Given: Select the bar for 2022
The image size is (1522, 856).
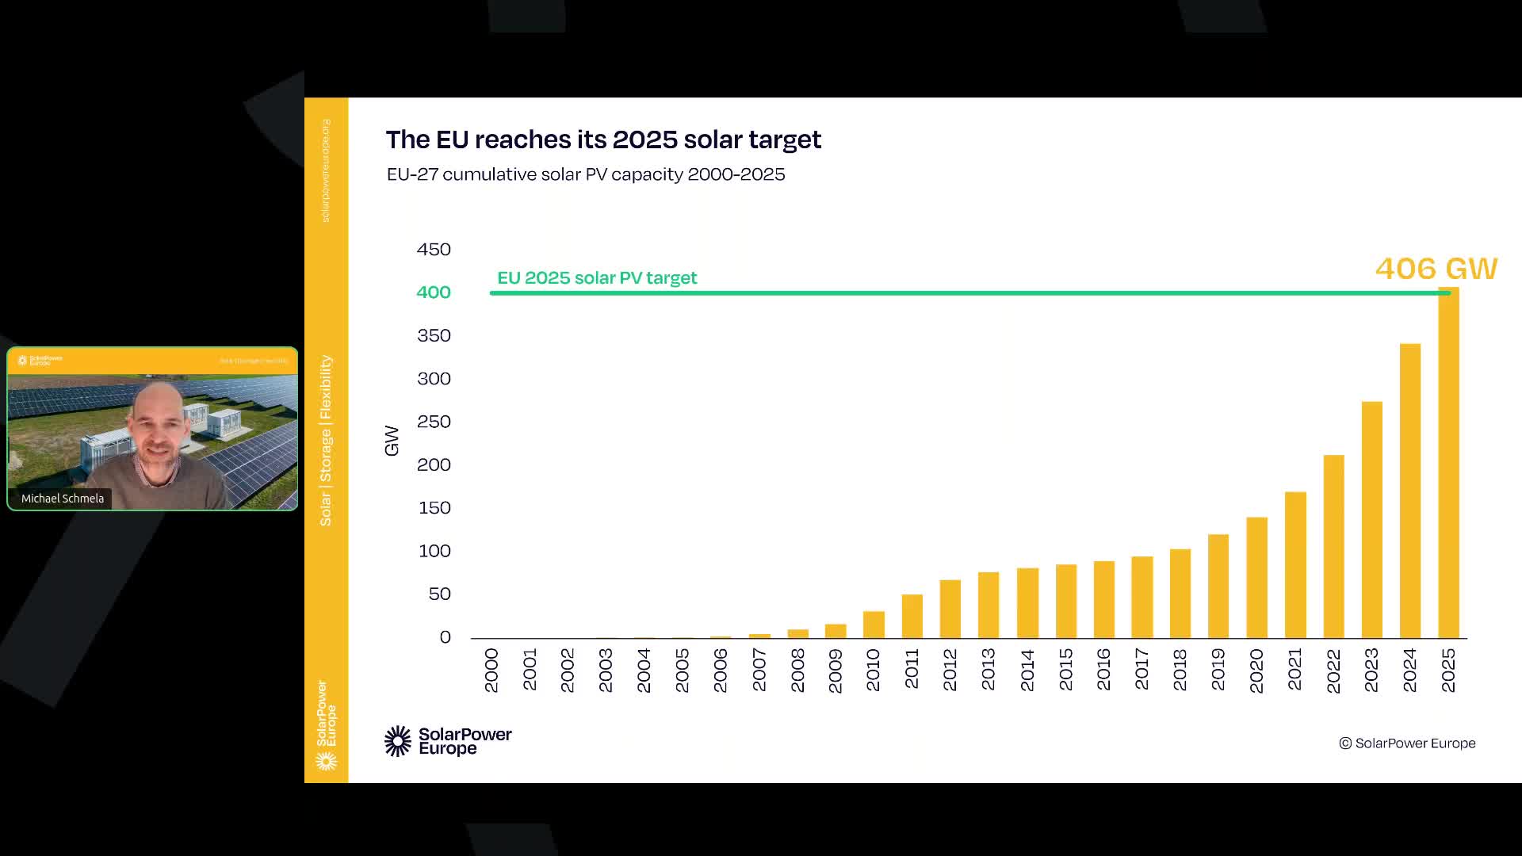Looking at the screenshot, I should coord(1333,547).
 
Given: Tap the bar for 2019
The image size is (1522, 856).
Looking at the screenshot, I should coord(1218,587).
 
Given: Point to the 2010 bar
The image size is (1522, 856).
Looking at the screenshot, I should coord(874,625).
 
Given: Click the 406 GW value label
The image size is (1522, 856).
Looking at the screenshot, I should coord(1436,269).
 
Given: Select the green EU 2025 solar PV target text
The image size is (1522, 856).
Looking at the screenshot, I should coord(597,278).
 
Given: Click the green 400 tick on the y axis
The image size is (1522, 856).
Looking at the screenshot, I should coord(434,292).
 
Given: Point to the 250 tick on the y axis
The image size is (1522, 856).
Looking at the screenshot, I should coord(434,422).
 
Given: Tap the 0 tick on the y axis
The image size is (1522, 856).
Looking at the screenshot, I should coord(445,637).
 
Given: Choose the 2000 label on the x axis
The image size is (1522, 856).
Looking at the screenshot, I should coord(491,671).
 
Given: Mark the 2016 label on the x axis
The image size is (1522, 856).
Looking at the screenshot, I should coord(1103,671).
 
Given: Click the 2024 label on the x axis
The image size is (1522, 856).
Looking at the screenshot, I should coord(1409,671).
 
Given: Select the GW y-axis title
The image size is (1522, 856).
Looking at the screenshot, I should coord(392,441).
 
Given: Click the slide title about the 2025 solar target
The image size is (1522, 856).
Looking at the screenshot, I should coord(603,139).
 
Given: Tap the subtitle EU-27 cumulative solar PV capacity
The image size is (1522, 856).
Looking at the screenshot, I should coord(586,174).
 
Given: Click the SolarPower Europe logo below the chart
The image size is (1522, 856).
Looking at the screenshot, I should coord(448,741).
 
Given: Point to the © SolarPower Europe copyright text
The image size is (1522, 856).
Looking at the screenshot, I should coord(1407,743).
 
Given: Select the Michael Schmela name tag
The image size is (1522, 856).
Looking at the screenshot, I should coord(63,499).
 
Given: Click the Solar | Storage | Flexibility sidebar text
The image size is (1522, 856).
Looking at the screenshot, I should coord(326,441).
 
